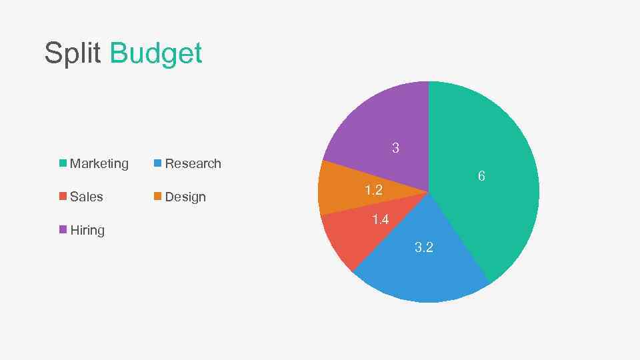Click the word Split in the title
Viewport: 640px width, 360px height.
coord(73,53)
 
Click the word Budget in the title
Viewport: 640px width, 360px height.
coord(155,53)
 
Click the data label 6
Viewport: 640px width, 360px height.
coord(481,176)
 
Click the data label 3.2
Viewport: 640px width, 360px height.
coord(424,247)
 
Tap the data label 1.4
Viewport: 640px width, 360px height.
coord(380,219)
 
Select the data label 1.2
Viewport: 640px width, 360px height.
coord(373,191)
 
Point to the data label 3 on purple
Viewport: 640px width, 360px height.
coord(395,148)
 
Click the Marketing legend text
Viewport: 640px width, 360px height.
coord(99,163)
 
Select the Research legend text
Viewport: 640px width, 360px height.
coord(193,163)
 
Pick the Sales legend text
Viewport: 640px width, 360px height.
coord(87,197)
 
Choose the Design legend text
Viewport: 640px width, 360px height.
coord(185,197)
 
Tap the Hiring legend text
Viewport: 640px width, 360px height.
coord(87,230)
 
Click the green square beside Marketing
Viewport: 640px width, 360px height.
coord(63,163)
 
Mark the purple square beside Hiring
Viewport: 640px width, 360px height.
coord(63,229)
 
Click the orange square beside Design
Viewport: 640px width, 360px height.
coord(157,196)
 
